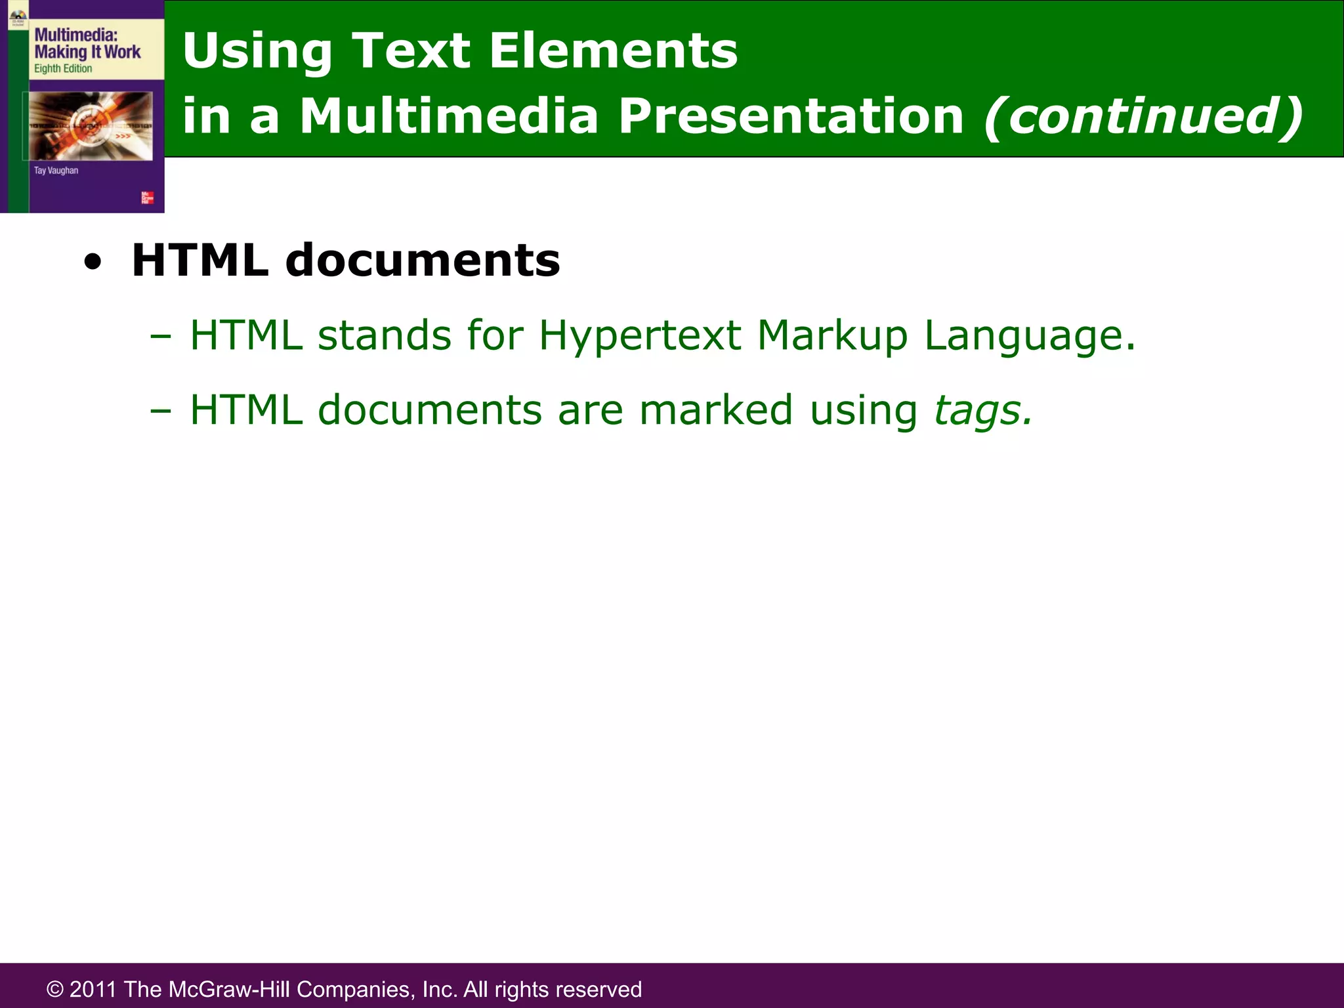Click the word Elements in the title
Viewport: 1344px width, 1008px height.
pos(613,51)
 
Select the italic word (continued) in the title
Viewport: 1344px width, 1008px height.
pos(1143,116)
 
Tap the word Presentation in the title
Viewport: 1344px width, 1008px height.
pos(791,116)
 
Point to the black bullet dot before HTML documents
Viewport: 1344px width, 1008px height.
pos(93,262)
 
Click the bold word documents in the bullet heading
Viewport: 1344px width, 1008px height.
pos(423,261)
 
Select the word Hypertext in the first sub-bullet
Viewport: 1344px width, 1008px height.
pos(639,337)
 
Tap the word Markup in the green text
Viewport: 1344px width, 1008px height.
pos(832,337)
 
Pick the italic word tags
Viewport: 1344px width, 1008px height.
pos(982,411)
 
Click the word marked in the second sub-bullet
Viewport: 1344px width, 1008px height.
pos(716,410)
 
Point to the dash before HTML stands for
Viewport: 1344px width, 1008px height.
pos(160,337)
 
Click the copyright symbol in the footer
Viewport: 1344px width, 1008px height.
pos(55,989)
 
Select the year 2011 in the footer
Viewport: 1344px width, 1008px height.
pos(93,989)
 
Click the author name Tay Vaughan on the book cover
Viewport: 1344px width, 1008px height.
pos(56,171)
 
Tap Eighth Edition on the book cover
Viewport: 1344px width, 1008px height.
pos(63,69)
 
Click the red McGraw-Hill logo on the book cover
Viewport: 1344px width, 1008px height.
pos(148,198)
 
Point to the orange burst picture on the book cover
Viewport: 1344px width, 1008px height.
pos(91,125)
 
